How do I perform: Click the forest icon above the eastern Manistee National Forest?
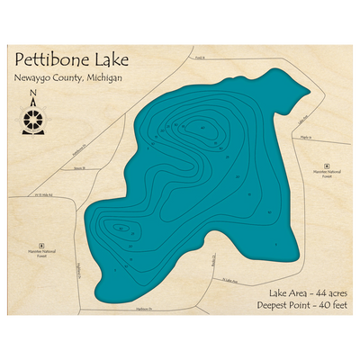click(x=328, y=167)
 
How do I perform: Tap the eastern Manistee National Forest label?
click(x=328, y=179)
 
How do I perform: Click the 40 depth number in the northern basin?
click(x=202, y=127)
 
